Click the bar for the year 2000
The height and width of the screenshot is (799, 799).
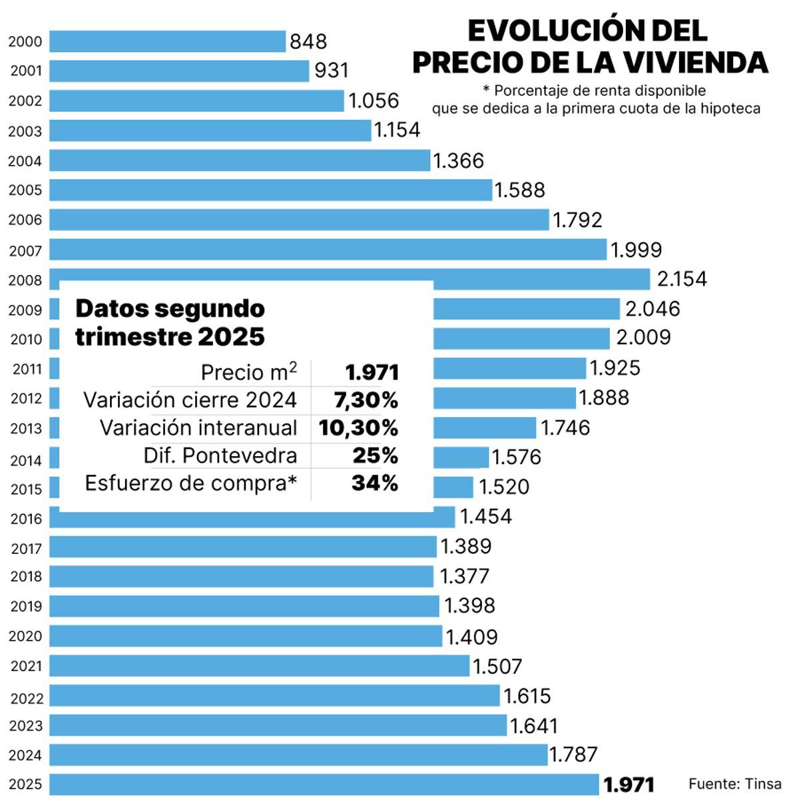tap(167, 41)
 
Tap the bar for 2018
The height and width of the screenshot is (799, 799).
tap(241, 576)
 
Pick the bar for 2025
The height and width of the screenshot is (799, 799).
tap(324, 784)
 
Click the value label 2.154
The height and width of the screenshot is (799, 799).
tap(681, 279)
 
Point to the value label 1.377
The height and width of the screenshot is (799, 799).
tap(464, 576)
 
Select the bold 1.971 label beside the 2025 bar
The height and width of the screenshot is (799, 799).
tap(629, 784)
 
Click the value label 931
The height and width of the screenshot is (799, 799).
tap(331, 71)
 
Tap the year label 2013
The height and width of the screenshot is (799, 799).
tap(26, 429)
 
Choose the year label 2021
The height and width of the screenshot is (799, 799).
tap(26, 666)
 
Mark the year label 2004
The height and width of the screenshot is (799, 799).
tap(25, 161)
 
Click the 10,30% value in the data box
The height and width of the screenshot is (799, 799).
tap(358, 427)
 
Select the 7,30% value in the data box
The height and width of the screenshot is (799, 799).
tap(365, 400)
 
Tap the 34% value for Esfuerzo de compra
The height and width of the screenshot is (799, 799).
tap(374, 483)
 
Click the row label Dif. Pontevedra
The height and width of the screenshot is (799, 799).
tap(220, 455)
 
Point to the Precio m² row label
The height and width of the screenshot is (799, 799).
tap(248, 372)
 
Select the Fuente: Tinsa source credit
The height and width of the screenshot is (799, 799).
tap(734, 784)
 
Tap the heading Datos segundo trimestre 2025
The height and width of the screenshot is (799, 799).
tap(170, 322)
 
